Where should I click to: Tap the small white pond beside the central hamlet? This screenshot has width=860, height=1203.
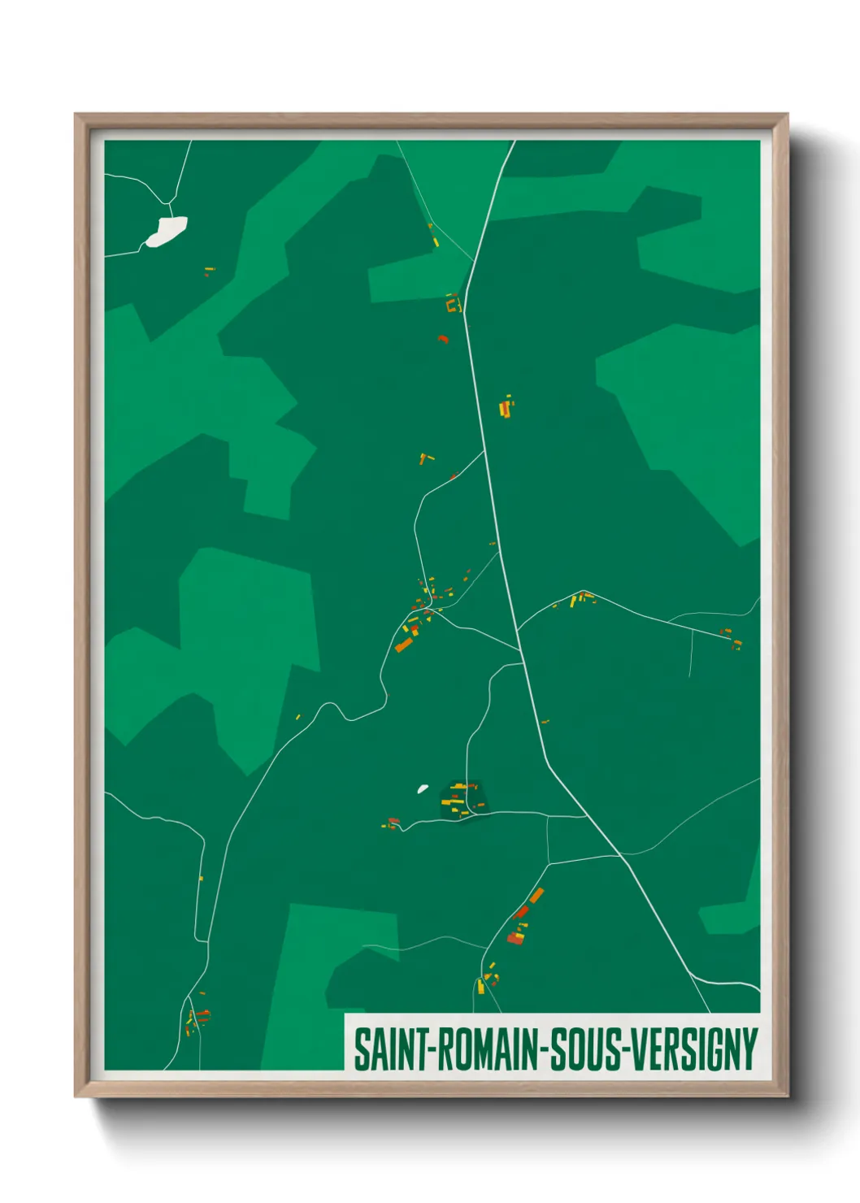pos(423,788)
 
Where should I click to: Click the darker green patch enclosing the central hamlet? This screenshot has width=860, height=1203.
pos(461,800)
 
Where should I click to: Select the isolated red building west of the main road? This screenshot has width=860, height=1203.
pos(443,338)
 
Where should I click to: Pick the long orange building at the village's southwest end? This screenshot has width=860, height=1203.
pos(403,645)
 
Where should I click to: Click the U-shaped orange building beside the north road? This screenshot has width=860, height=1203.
pos(453,305)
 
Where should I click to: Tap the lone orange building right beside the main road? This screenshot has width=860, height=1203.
pos(545,721)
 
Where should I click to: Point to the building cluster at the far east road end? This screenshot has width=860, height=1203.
pos(732,638)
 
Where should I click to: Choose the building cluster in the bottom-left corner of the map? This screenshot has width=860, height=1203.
pos(196,1018)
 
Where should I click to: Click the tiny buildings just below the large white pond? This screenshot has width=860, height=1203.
pos(209,271)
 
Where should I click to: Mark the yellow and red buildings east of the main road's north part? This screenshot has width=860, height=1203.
pos(506,406)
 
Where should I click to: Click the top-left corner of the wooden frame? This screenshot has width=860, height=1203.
pos(77,116)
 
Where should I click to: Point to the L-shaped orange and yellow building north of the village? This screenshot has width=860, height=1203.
pos(424,459)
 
